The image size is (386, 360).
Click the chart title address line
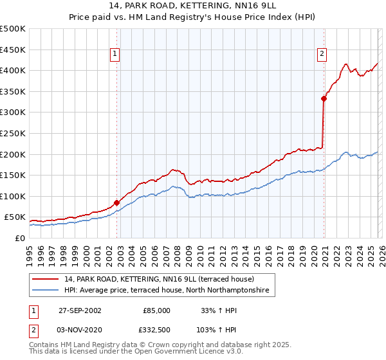pos(193,5)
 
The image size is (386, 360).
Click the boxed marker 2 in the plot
pos(322,55)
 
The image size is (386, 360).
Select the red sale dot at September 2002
pos(116,203)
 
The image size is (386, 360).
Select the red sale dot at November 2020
pos(324,98)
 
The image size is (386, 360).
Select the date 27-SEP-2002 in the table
pos(80,310)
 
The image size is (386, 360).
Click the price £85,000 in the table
pos(156,310)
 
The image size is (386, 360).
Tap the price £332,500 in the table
pos(156,329)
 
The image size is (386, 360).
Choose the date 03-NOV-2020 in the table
pos(80,329)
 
